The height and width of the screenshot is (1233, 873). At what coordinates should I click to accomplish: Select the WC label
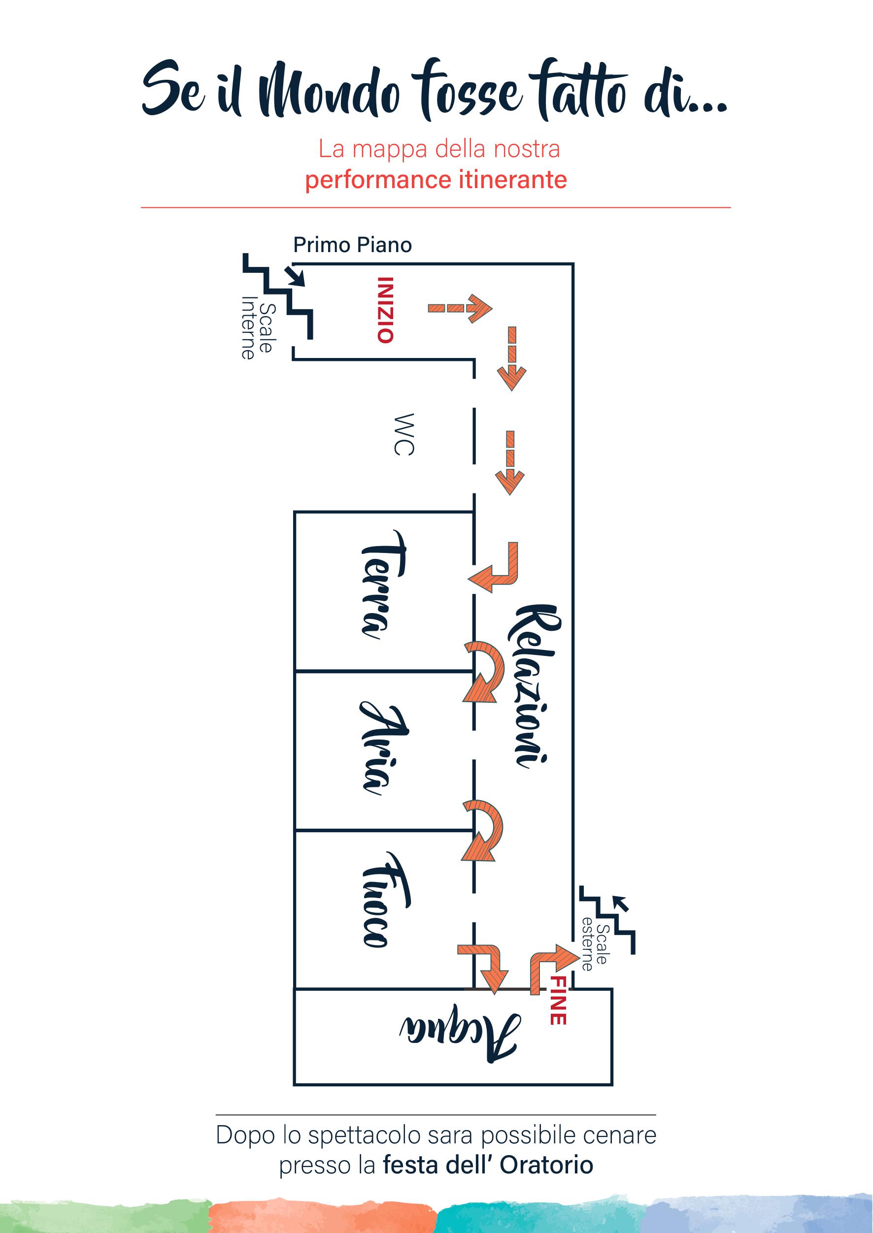pos(403,434)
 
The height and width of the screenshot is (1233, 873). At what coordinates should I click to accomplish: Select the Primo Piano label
pos(353,245)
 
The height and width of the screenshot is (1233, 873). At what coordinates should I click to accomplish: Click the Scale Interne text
pos(258,328)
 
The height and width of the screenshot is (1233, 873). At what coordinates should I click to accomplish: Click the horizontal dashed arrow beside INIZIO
pos(460,308)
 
